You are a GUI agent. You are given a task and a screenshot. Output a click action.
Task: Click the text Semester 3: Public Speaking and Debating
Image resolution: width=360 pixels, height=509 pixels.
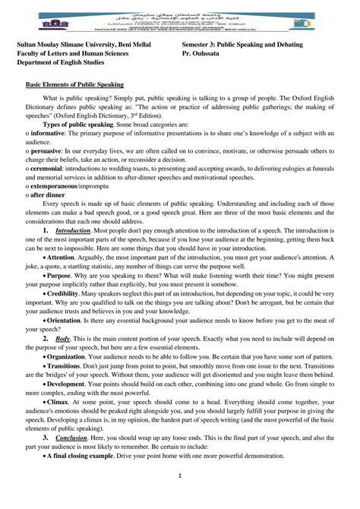(x=242, y=46)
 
